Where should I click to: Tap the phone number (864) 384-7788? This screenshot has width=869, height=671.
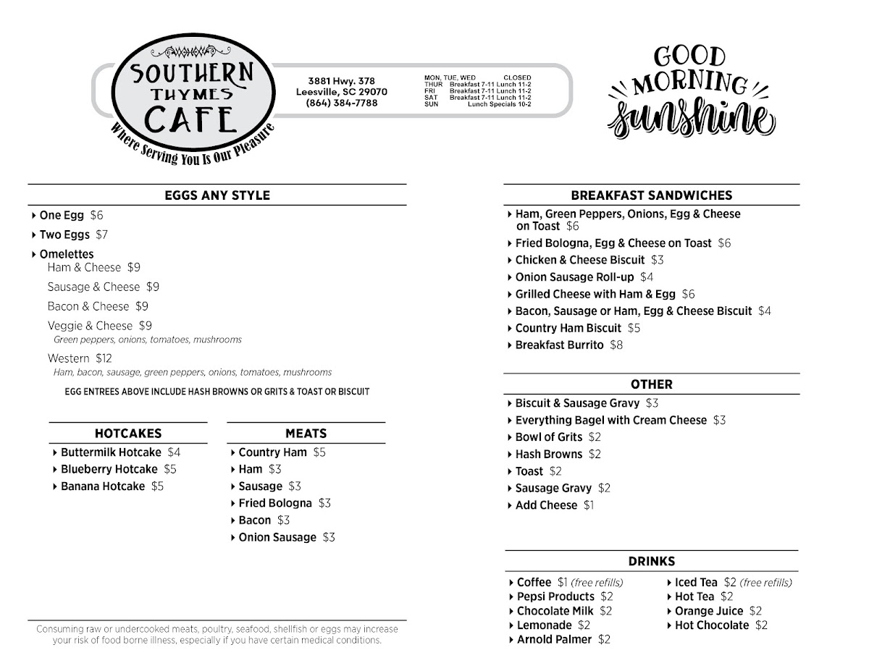[x=341, y=104]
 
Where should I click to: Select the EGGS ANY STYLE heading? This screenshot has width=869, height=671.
[x=217, y=195]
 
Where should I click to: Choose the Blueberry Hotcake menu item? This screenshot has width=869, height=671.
[x=109, y=469]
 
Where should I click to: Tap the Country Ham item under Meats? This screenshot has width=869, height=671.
[x=272, y=452]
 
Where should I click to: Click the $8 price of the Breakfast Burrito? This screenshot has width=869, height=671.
[x=616, y=345]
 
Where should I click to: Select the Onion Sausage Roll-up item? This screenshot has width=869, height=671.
[x=574, y=277]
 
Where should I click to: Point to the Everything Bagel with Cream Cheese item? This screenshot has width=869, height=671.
[x=610, y=421]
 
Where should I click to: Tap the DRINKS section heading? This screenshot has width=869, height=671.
[x=652, y=561]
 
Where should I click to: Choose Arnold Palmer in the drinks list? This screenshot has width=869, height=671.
[x=554, y=640]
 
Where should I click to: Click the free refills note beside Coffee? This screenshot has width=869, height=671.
[x=597, y=583]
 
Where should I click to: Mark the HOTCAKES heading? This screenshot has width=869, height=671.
[x=128, y=434]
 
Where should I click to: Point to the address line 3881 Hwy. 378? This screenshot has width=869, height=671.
[x=341, y=81]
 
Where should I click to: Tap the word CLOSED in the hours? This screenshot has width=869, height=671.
[x=517, y=77]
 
